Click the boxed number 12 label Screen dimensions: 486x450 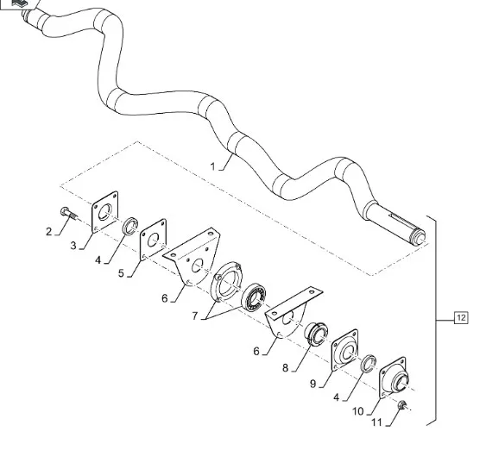461,318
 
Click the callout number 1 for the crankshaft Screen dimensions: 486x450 212,166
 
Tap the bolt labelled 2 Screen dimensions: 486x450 69,214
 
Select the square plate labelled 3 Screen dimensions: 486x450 105,212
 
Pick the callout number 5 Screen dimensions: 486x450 121,273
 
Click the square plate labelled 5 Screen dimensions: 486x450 153,240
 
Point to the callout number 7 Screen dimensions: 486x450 194,316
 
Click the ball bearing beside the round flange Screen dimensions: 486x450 254,297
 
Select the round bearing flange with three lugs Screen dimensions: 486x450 226,281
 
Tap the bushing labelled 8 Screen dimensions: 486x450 316,334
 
